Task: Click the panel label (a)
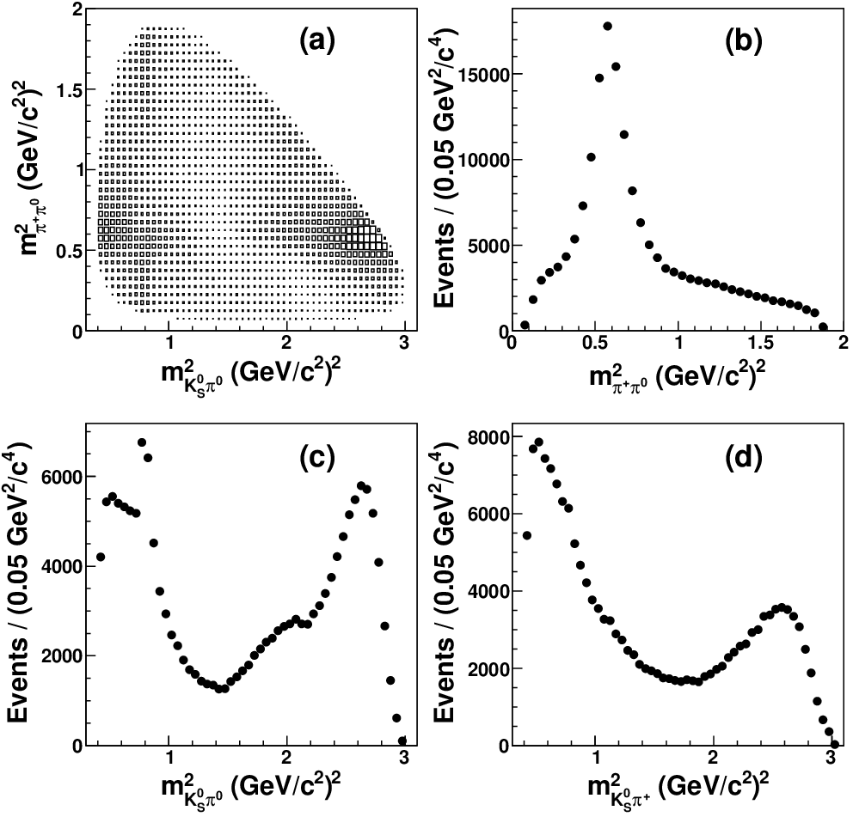point(317,42)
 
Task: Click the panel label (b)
point(744,42)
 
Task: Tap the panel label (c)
point(317,458)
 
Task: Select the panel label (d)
point(744,458)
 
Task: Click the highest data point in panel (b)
point(608,26)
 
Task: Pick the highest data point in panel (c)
point(142,442)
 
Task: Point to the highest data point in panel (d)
point(538,442)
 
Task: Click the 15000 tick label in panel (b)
point(482,75)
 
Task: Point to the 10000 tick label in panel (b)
point(482,160)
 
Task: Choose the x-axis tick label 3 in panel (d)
point(830,757)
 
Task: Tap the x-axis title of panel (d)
point(678,789)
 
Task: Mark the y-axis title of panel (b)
point(445,166)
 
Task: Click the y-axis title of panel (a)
point(24,167)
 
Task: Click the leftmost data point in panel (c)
point(100,557)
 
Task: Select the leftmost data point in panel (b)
point(525,325)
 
